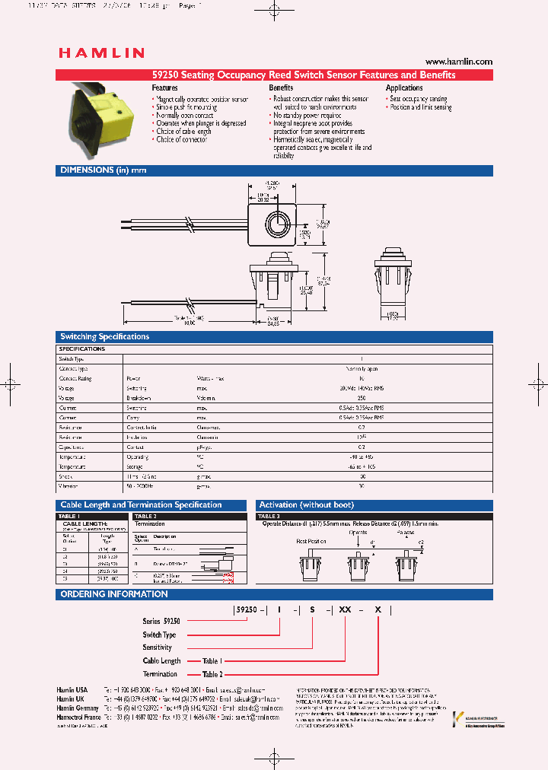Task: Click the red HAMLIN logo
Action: pos(101,53)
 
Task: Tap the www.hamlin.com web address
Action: pos(459,62)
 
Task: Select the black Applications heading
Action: pos(404,88)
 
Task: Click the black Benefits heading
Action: pos(281,88)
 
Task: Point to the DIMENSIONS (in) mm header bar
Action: pos(103,170)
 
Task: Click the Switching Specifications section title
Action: pos(104,336)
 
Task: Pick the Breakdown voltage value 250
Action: pos(362,398)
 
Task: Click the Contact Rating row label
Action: pos(75,378)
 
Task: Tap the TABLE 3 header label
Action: pos(268,516)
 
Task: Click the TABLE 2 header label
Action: pos(145,516)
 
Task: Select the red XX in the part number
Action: pos(345,610)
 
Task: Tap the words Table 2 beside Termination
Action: pos(212,674)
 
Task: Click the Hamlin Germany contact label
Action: pos(78,708)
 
